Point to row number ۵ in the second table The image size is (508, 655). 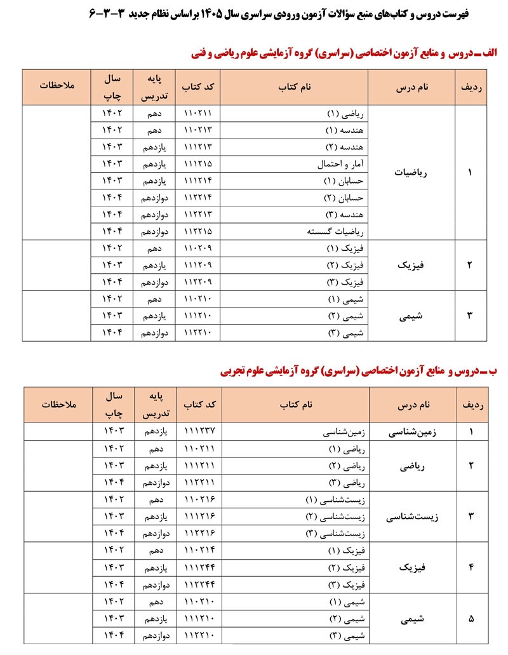[x=471, y=618]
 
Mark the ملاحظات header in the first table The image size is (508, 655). [x=57, y=87]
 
